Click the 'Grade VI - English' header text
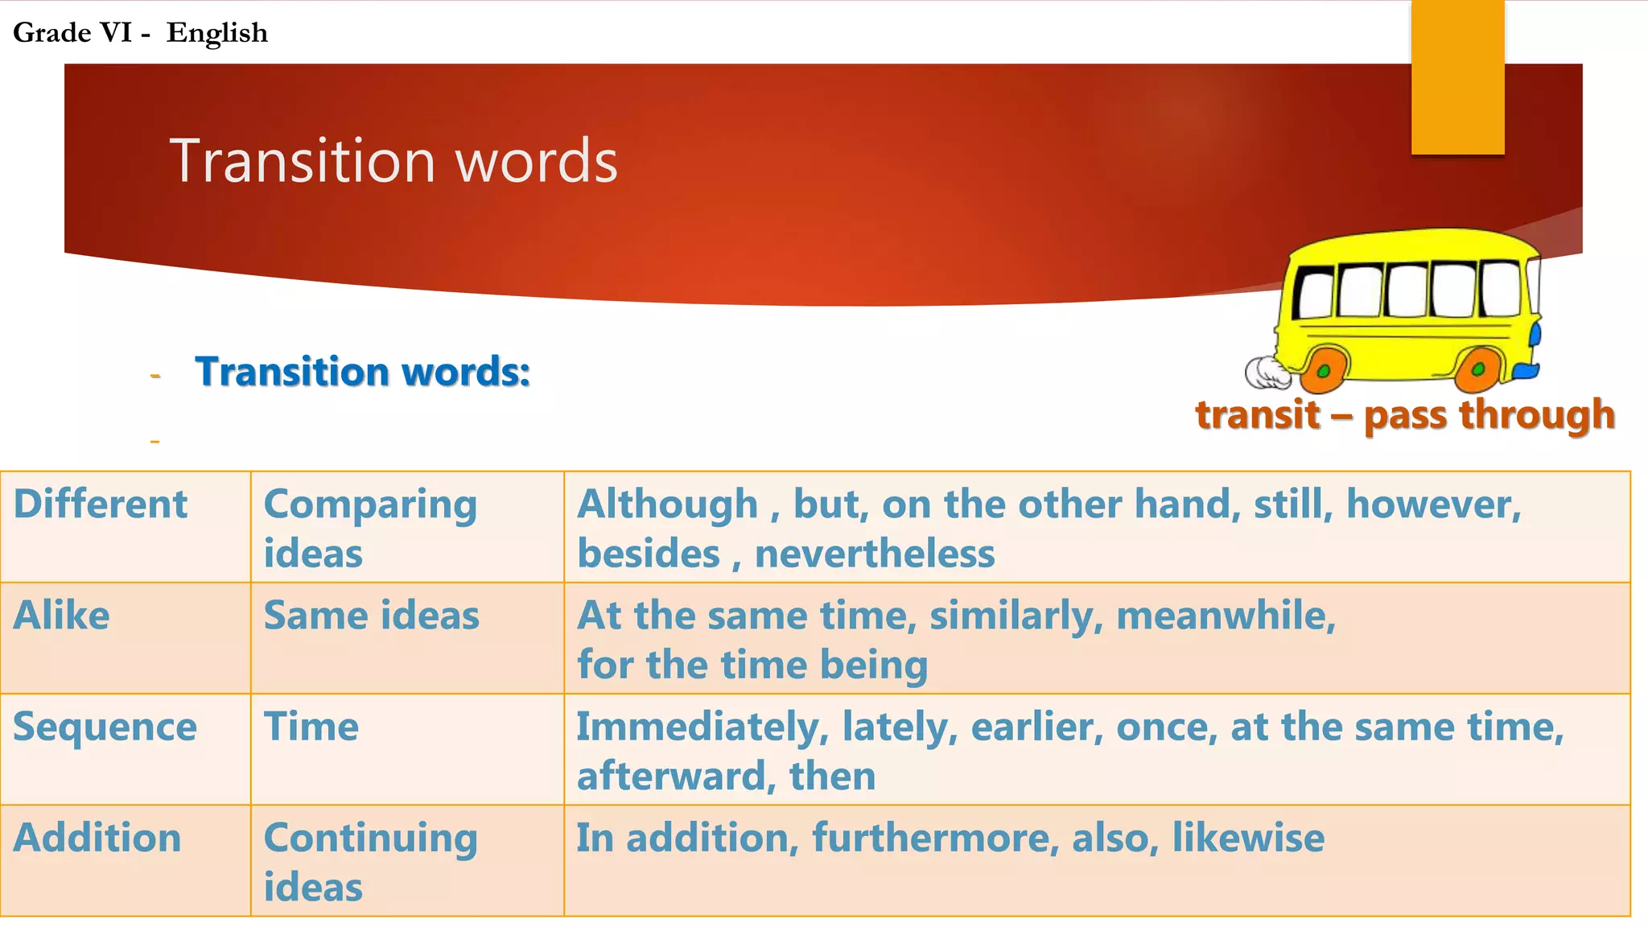[140, 33]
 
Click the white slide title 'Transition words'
[393, 161]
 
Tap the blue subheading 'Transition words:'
[362, 372]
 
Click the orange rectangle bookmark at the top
[1457, 76]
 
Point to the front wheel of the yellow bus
[1480, 368]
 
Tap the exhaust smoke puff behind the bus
[1267, 372]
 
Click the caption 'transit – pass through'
[1405, 415]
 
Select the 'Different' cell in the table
[101, 505]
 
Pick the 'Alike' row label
[62, 616]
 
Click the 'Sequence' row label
[105, 727]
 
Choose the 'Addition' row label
[97, 838]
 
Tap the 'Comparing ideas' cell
[370, 528]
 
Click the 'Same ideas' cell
[372, 616]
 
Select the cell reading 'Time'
[311, 727]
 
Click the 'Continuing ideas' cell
[370, 861]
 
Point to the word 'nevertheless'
[875, 554]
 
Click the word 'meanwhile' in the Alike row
[1226, 616]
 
